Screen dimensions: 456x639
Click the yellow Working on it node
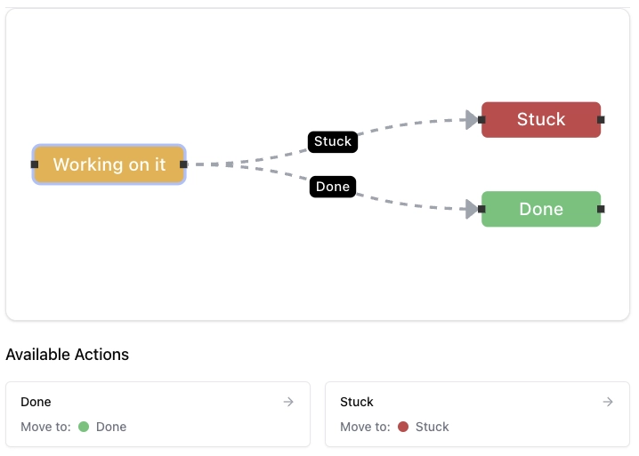click(x=109, y=164)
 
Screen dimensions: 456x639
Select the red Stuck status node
click(x=541, y=120)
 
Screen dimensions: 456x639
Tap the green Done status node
click(x=541, y=209)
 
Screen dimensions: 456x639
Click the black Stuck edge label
click(x=333, y=141)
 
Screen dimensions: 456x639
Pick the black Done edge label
click(x=333, y=187)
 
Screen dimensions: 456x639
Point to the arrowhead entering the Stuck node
click(x=472, y=120)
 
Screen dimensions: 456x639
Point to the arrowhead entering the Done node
click(x=472, y=209)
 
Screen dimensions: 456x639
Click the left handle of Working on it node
click(x=35, y=164)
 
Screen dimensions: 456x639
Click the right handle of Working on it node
click(x=183, y=164)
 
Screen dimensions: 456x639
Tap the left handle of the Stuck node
click(x=481, y=119)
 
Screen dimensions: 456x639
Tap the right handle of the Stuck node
click(x=601, y=119)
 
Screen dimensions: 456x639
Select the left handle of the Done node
click(x=481, y=209)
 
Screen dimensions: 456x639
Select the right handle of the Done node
click(x=601, y=209)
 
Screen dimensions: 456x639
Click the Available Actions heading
click(x=68, y=355)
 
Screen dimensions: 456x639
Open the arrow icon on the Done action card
click(x=288, y=402)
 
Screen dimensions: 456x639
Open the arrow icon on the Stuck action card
click(x=608, y=402)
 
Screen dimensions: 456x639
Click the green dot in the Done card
click(x=84, y=427)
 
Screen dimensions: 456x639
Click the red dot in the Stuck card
click(x=403, y=427)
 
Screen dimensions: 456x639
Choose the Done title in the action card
click(x=36, y=402)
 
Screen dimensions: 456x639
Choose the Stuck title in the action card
click(x=357, y=402)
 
